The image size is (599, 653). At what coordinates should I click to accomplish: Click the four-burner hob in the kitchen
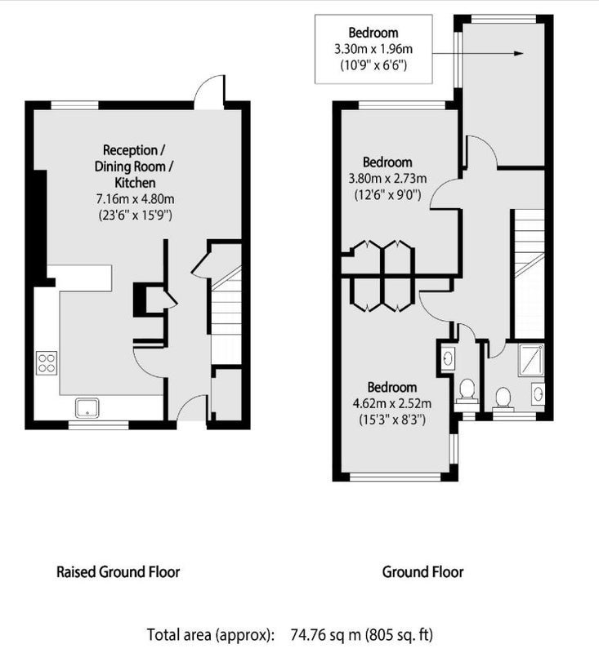coord(47,362)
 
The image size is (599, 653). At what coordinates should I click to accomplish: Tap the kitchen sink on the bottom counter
coord(87,407)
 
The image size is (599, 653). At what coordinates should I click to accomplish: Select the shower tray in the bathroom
coord(530,360)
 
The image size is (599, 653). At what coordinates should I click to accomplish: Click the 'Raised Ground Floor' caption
coord(118,572)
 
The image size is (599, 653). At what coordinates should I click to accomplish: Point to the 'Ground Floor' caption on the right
coord(422,572)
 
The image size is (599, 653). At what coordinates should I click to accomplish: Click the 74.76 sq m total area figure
coord(325,635)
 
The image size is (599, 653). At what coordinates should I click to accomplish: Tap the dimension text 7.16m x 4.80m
coord(135,199)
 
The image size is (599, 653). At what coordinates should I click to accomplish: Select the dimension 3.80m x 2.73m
coord(387,179)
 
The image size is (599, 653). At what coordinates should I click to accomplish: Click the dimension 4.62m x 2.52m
coord(391,403)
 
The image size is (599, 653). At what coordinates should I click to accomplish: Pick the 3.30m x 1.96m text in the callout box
coord(373,49)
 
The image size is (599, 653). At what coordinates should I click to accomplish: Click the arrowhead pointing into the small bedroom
coord(518,53)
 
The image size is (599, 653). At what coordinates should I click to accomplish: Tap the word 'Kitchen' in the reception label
coord(135,182)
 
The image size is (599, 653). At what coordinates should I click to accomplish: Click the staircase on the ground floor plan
coord(530,274)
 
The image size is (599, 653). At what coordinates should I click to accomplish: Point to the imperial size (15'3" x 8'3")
coord(392,420)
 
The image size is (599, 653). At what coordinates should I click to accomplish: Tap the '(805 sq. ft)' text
coord(399,635)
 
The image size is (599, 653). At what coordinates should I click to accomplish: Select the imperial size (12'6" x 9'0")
coord(387,194)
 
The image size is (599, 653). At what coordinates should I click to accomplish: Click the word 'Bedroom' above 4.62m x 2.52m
coord(391,387)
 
